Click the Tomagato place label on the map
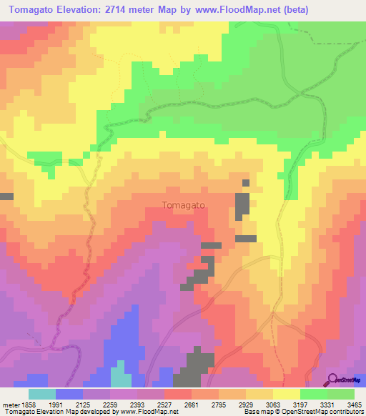click(x=184, y=205)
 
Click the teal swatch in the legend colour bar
click(x=42, y=394)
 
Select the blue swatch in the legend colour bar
click(x=69, y=394)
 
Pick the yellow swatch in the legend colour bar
click(x=286, y=394)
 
